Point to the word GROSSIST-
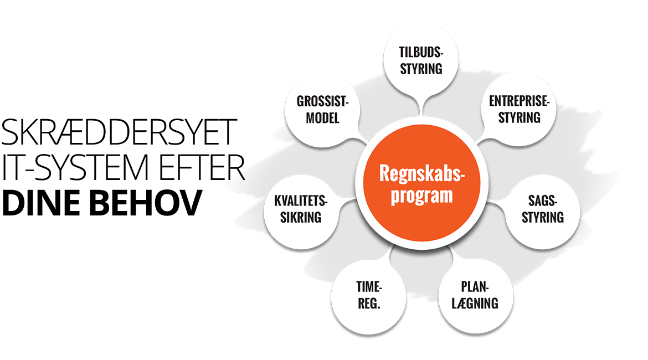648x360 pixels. point(322,102)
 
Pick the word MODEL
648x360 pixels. point(322,118)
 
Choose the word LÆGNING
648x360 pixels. point(475,304)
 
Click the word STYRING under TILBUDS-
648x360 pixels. point(421,69)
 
